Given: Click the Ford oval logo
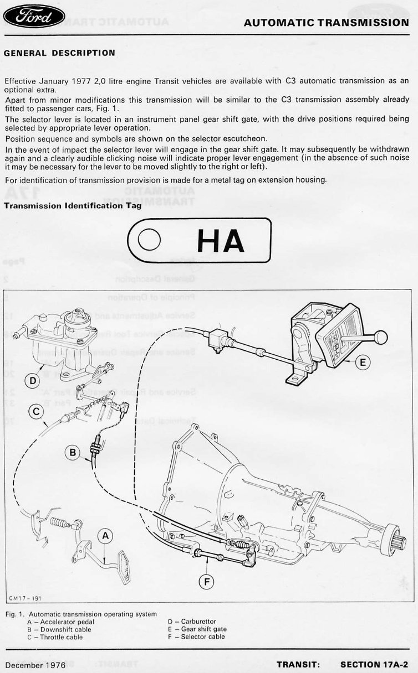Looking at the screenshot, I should pos(34,17).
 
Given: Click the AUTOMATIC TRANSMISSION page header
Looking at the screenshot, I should pos(326,23).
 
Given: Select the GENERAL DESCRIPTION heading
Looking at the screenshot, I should pos(59,53).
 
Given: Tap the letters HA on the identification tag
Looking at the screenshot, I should pos(220,241).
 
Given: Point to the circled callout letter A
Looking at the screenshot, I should pos(106,535).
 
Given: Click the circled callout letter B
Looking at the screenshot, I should pos(73,453).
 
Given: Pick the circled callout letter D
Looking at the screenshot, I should pos(32,381).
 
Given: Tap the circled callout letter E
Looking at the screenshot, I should pos(362,363).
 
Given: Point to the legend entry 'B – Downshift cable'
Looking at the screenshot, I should pos(59,629).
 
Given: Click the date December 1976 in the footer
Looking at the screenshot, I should pos(36,664).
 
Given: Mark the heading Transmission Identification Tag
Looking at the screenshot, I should pos(73,205).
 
